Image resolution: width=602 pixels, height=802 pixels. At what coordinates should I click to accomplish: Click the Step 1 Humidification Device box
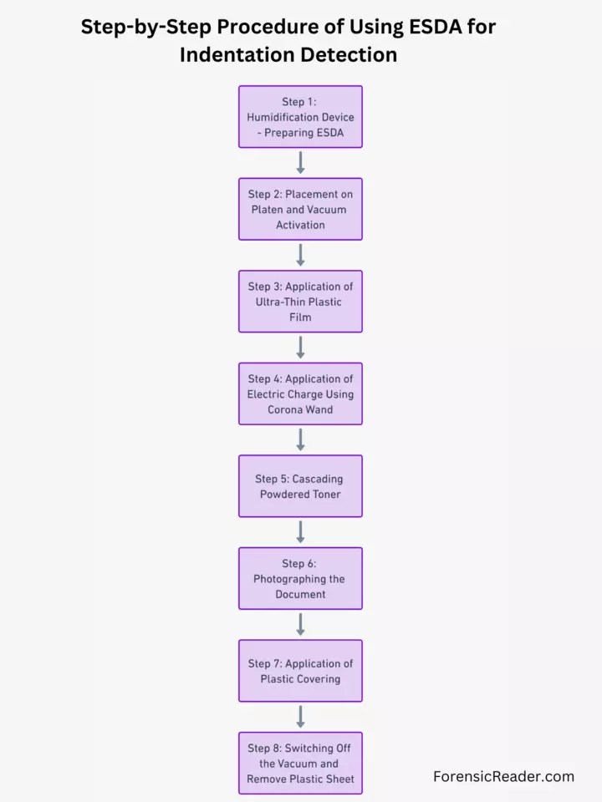tap(300, 117)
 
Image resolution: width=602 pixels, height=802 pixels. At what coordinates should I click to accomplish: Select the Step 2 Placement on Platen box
tap(300, 209)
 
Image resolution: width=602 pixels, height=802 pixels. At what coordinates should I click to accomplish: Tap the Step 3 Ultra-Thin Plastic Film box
tap(300, 302)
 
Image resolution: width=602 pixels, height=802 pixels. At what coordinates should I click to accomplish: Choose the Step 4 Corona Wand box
tap(300, 393)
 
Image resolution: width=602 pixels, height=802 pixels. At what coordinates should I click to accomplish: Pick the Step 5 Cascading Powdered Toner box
tap(300, 486)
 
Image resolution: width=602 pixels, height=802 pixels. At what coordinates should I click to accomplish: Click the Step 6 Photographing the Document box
tap(300, 578)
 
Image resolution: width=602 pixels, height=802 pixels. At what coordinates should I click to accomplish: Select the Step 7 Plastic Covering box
tap(300, 671)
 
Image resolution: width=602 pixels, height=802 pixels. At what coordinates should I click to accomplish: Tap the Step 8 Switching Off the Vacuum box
tap(300, 763)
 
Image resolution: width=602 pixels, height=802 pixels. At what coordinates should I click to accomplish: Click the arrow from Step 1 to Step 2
tap(300, 163)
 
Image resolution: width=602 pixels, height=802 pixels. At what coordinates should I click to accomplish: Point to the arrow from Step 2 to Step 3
tap(300, 255)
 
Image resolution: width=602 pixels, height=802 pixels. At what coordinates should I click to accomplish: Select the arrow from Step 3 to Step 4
tap(300, 348)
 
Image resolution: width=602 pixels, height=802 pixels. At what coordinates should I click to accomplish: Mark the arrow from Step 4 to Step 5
tap(300, 439)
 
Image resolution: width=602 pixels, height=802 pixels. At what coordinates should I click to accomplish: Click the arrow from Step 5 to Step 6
tap(300, 532)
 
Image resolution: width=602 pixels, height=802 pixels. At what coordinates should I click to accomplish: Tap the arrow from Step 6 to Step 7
tap(300, 624)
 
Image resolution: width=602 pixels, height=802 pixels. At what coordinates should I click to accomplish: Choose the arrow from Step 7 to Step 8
tap(300, 717)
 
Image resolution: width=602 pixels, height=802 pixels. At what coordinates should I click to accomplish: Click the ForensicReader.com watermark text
tap(503, 776)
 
